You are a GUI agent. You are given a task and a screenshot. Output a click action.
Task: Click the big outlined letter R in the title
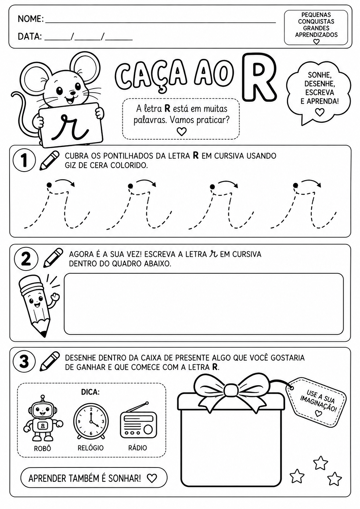point(259,78)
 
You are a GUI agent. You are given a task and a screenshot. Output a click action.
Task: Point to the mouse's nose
point(72,93)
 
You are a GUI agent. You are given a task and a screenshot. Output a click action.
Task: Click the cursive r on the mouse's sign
point(69,127)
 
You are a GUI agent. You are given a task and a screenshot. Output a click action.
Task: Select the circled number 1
point(24,161)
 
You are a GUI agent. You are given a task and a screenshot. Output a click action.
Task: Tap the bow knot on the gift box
point(231,391)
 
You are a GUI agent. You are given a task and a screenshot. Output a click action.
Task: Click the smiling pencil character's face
point(36,301)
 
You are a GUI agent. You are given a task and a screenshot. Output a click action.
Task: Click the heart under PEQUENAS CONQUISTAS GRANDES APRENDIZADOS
point(316,42)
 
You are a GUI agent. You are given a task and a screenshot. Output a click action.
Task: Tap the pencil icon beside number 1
point(50,160)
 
